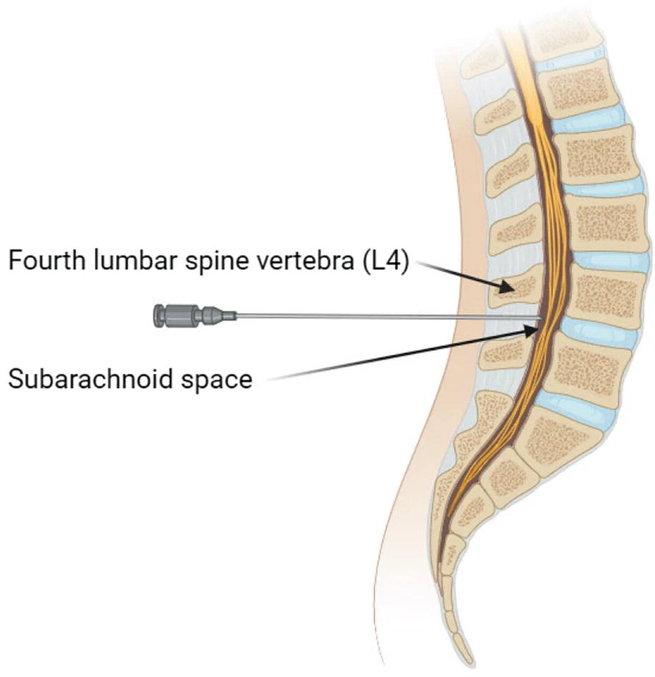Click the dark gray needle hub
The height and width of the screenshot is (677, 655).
coord(179,315)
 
